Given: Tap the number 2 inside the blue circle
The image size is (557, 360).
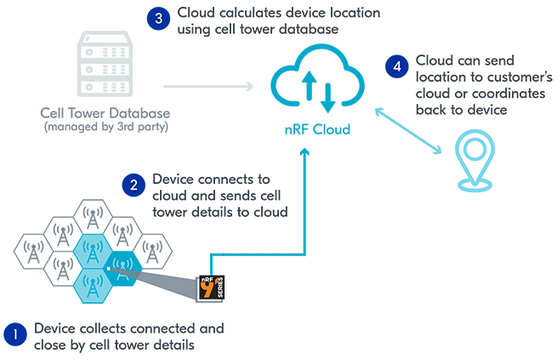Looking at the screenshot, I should click(x=134, y=184).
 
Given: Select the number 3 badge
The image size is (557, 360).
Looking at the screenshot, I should click(x=157, y=18).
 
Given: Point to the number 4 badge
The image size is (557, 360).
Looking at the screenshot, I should click(x=398, y=66).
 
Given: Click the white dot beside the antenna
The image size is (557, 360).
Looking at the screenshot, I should click(x=108, y=267).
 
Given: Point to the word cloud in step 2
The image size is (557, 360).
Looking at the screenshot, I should click(x=167, y=195).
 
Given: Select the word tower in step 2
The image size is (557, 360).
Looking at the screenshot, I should click(x=168, y=210).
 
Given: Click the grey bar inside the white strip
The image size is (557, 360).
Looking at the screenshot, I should click(x=105, y=128).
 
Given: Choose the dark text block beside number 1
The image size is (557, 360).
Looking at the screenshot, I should click(x=128, y=332).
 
